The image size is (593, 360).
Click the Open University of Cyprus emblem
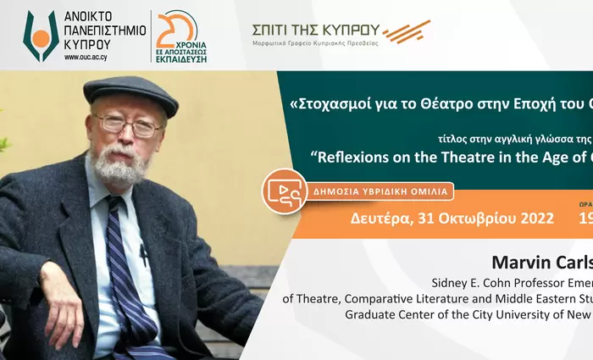pyautogui.click(x=41, y=36)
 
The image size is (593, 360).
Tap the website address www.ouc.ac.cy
pyautogui.click(x=91, y=58)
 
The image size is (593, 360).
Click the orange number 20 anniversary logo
pyautogui.click(x=177, y=29)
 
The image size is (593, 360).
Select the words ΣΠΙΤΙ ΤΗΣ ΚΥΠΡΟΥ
pyautogui.click(x=315, y=30)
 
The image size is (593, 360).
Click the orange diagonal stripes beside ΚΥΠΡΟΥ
pyautogui.click(x=406, y=32)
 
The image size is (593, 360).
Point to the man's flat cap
pyautogui.click(x=131, y=91)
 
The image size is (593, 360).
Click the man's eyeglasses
pyautogui.click(x=128, y=125)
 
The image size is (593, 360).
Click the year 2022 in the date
pyautogui.click(x=530, y=218)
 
